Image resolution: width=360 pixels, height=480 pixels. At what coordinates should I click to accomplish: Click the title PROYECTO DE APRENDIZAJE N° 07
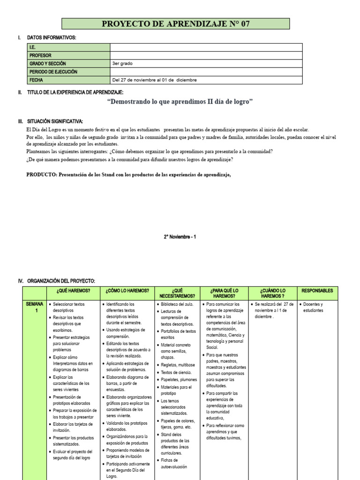pos(176,24)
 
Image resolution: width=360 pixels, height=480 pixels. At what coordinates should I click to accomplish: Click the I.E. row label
pos(33,47)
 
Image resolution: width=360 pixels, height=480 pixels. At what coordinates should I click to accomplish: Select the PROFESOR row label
pos(40,55)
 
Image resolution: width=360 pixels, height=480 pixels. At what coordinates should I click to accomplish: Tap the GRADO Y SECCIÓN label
pos(48,63)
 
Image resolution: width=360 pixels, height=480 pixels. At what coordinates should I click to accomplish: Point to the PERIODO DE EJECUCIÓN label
pos(53,72)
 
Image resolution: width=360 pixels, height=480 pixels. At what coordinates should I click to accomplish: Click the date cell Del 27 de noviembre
pos(154,80)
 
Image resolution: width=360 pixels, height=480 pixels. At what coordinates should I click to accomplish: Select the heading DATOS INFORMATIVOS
pos(52,37)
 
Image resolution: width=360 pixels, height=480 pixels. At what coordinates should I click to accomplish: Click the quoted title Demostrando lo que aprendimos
pos(180,102)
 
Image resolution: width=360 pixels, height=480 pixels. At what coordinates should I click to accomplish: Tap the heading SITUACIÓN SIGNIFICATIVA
pos(55,121)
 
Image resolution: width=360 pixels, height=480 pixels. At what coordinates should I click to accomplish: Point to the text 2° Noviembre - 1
pos(180,237)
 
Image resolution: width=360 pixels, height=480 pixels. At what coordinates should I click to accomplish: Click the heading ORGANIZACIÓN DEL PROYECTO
pos(61,281)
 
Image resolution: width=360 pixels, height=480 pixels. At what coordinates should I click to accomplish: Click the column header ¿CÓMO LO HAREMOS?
pos(127,291)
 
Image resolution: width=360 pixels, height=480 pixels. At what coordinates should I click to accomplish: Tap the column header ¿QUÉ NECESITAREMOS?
pos(177,293)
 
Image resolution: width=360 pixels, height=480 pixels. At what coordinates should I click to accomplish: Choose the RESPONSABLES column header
pos(317,291)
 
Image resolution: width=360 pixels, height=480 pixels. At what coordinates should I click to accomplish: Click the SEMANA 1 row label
pos(34,307)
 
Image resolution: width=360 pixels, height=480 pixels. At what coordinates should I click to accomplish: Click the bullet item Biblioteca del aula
pos(177,304)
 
